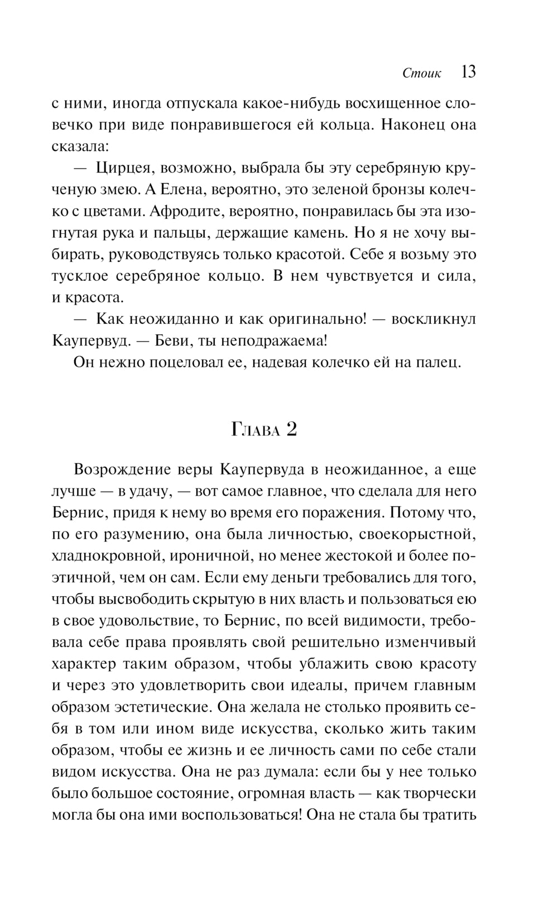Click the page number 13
pos(468,73)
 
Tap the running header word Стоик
pos(421,74)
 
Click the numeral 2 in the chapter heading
pos(290,430)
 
